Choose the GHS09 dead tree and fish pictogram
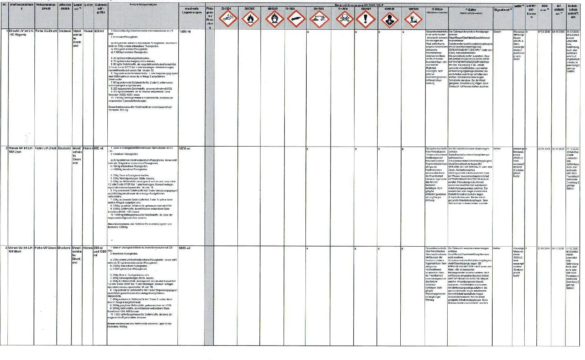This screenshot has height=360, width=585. [413, 19]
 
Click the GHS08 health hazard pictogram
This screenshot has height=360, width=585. [389, 19]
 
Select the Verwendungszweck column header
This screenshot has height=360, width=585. [46, 6]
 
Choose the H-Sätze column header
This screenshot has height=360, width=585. [437, 11]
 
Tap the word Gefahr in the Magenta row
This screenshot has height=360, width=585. [497, 32]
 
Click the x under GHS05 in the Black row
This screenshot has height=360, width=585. [307, 248]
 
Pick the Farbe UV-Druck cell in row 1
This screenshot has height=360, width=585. [46, 31]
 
